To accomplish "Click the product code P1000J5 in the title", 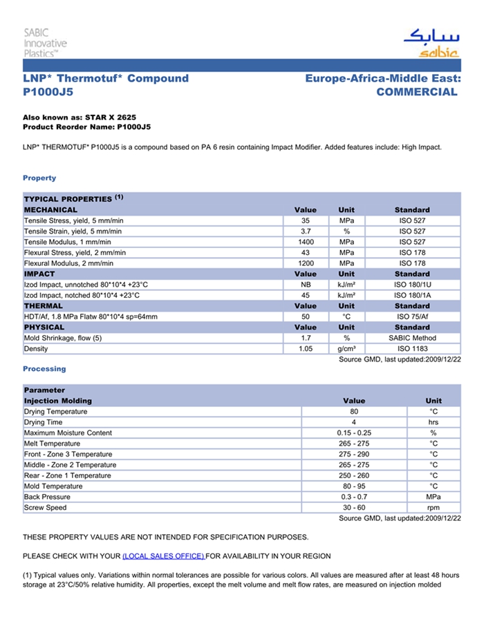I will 48,92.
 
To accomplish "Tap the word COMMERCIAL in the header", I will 417,92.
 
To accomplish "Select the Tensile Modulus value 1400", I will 305,242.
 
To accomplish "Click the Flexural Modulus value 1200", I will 305,263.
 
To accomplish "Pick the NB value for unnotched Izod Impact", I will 305,285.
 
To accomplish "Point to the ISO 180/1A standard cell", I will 412,295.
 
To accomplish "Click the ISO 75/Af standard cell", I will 412,316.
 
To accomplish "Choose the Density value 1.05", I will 305,349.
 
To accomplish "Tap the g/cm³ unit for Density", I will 346,349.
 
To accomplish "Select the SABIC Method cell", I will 412,338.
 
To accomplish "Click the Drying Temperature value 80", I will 353,412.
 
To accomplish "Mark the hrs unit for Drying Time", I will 434,422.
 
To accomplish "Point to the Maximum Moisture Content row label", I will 68,433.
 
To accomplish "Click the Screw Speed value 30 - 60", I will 353,508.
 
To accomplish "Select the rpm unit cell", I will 434,508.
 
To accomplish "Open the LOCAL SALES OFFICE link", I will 163,556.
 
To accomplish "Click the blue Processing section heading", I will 44,369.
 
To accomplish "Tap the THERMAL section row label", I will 44,306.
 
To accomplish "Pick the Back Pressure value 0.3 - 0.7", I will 353,497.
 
